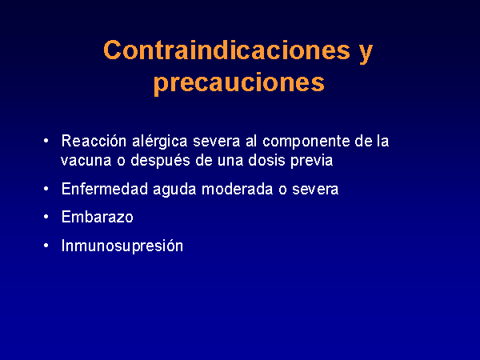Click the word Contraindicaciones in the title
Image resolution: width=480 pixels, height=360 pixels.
point(226,50)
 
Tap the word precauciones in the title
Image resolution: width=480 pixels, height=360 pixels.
point(239,83)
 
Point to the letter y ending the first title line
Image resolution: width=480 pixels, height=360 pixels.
point(366,54)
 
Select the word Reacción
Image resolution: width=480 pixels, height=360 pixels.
point(94,142)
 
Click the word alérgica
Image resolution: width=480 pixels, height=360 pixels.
point(159,142)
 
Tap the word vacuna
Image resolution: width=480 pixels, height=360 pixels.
point(86,161)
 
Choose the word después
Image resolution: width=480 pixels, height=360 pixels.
point(161,161)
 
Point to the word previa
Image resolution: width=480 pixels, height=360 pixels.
point(311,161)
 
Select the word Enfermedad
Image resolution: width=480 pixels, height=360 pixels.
point(105,189)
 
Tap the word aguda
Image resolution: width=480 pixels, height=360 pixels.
point(174,190)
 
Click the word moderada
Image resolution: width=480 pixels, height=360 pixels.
point(237,189)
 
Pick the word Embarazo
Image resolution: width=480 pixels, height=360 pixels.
point(98,217)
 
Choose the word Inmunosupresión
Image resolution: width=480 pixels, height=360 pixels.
point(122,246)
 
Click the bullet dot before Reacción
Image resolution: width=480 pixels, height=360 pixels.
point(46,141)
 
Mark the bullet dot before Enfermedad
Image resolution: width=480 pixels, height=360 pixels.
point(46,188)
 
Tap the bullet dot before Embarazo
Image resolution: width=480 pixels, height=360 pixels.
point(46,217)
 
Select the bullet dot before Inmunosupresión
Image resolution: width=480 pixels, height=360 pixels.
point(46,246)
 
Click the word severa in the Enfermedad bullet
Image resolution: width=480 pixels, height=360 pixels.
point(315,190)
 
